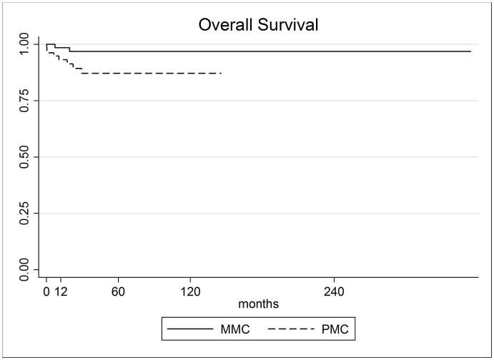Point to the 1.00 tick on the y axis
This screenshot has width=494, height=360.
(x=24, y=44)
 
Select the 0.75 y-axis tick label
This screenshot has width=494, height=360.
(x=24, y=101)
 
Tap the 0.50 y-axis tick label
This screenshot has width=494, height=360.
(x=24, y=157)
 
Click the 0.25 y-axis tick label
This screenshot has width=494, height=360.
(x=24, y=213)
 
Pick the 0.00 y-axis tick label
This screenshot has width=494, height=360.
(x=24, y=269)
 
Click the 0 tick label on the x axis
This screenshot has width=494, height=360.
(x=46, y=291)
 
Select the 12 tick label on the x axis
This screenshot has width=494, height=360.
(x=61, y=291)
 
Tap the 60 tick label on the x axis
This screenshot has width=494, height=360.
(x=118, y=291)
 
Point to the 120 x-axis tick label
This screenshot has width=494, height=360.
(x=190, y=291)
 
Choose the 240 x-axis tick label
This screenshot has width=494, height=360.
(x=334, y=291)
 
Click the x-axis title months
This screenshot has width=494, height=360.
(x=258, y=304)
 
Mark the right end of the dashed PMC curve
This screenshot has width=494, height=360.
(x=222, y=73)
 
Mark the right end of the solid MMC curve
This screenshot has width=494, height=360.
(x=471, y=51)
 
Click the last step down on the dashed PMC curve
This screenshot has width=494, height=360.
(x=81, y=71)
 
